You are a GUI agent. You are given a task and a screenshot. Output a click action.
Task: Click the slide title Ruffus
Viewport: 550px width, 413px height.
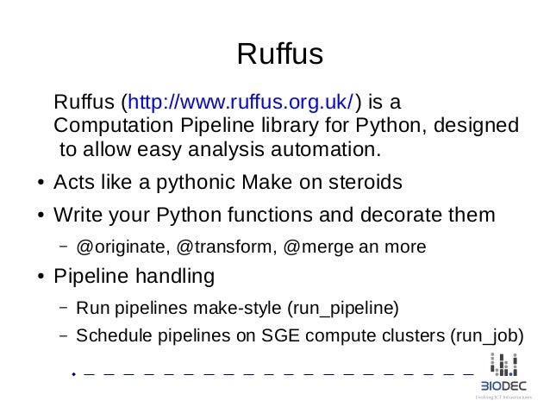pyautogui.click(x=279, y=55)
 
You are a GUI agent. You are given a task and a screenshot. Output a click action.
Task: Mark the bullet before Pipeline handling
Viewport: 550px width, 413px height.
pyautogui.click(x=41, y=279)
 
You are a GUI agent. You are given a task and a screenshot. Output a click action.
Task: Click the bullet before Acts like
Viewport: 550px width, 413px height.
pyautogui.click(x=41, y=185)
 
